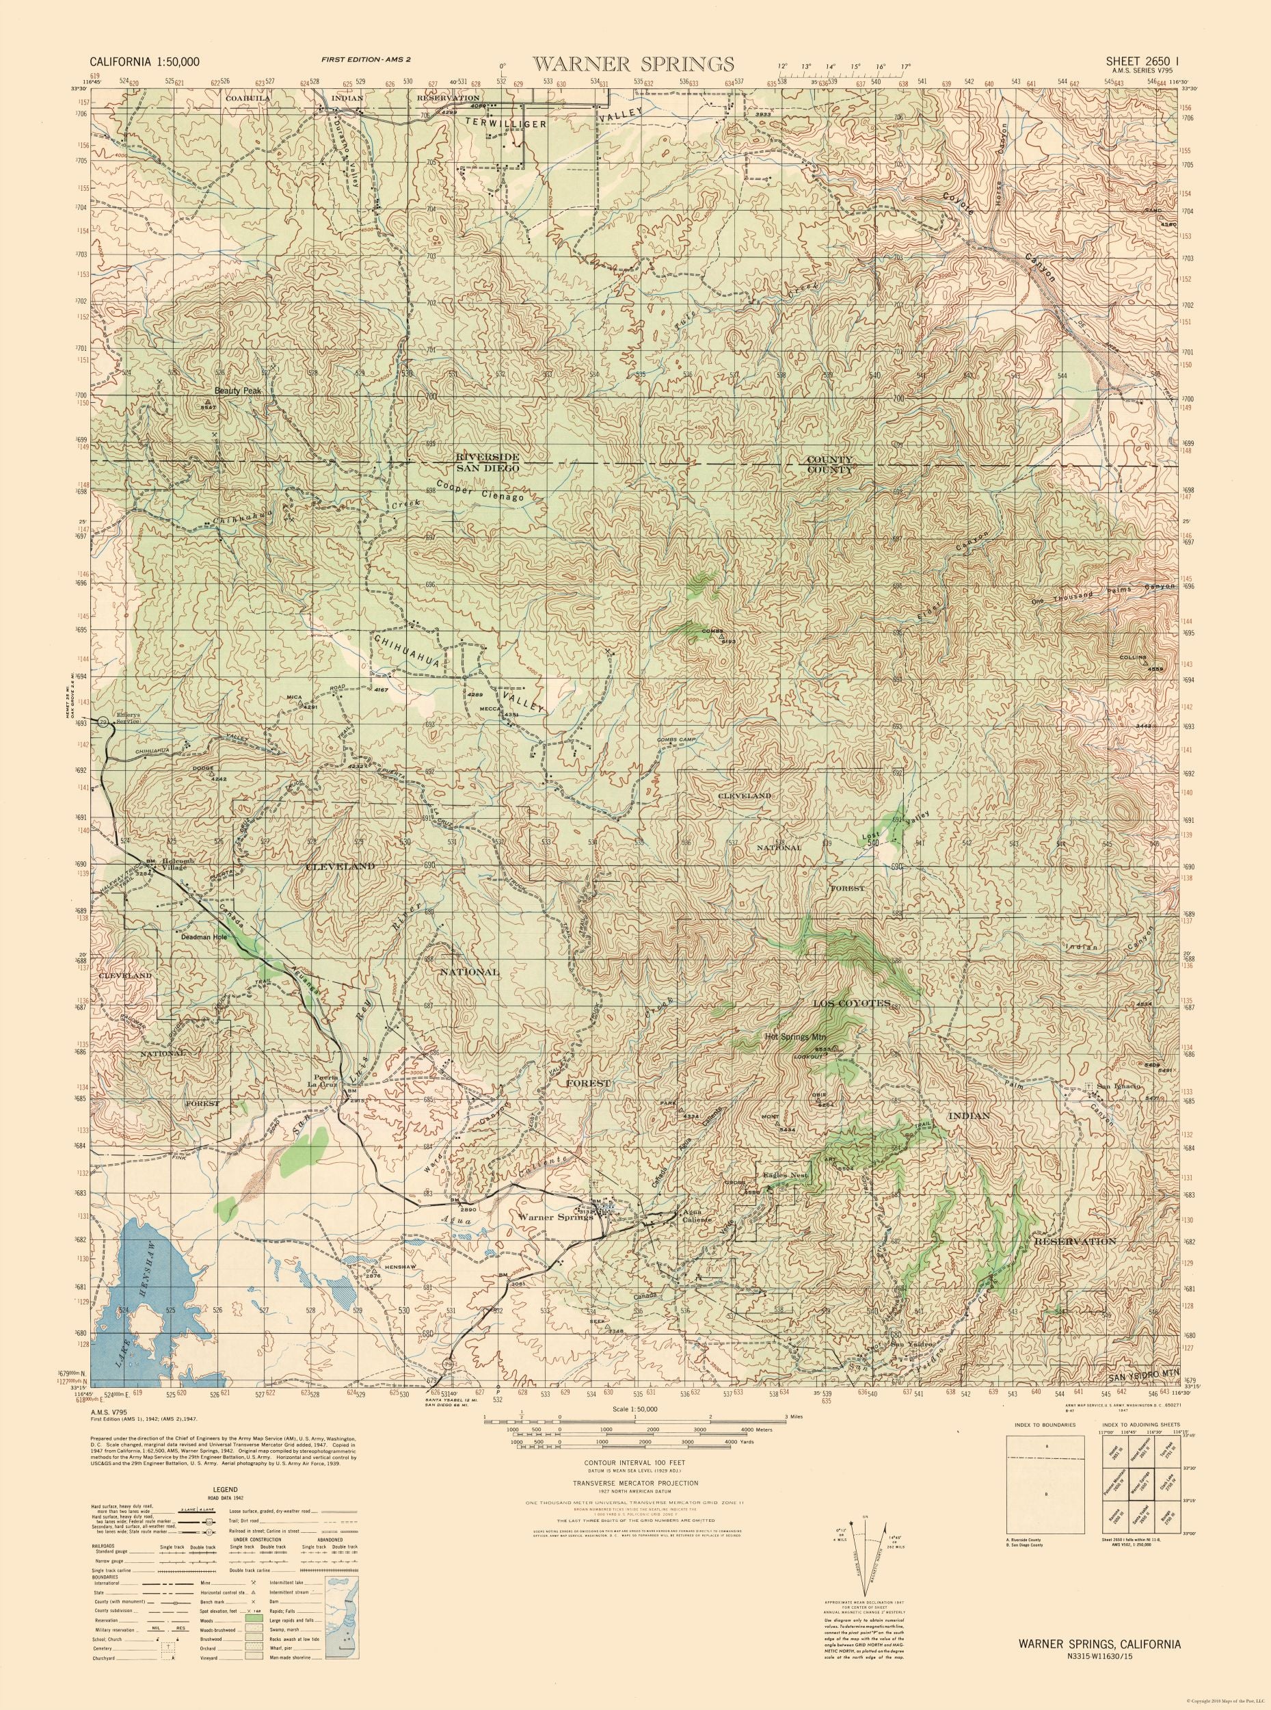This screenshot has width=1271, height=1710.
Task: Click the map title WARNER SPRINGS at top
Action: (634, 62)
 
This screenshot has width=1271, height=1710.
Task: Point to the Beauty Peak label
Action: (239, 391)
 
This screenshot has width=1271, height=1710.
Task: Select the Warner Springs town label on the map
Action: (554, 1217)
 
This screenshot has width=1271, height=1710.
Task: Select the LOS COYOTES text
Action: (852, 1003)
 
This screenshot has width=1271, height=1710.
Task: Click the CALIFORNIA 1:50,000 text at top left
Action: (146, 62)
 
